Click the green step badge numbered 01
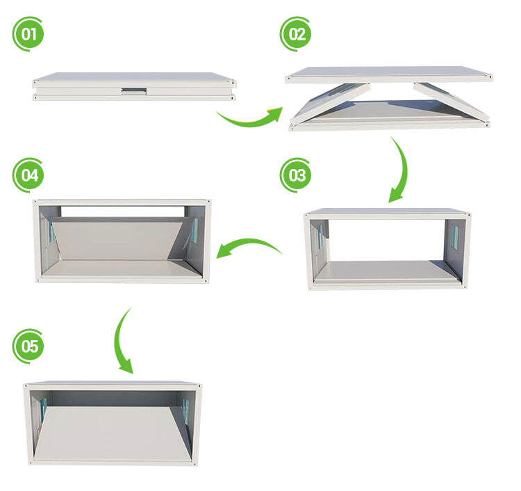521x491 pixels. (x=28, y=34)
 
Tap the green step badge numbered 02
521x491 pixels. (x=296, y=34)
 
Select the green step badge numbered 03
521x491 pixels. (x=296, y=175)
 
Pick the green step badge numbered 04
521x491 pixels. (x=28, y=175)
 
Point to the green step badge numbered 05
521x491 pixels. (x=28, y=346)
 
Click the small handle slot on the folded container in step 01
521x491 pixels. (x=134, y=90)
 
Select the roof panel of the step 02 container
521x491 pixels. (x=389, y=74)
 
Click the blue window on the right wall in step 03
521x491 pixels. (x=454, y=237)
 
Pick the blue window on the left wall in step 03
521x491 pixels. (x=320, y=237)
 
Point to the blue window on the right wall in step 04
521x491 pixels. (x=195, y=230)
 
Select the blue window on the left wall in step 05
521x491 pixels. (x=43, y=410)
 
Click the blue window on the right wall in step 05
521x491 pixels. (x=186, y=412)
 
